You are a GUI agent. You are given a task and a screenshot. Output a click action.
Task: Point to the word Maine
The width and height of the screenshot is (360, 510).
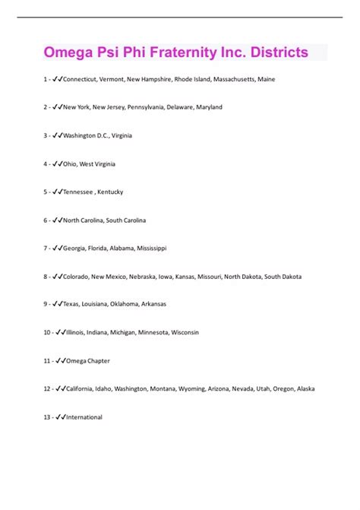point(266,79)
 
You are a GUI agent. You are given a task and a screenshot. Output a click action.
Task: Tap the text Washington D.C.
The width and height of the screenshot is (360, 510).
point(87,135)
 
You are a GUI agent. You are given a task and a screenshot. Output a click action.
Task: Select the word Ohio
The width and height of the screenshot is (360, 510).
point(71,163)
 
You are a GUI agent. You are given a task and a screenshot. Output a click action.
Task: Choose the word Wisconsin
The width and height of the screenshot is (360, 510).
point(185,332)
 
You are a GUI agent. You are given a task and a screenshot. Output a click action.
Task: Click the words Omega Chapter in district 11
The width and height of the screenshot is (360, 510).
point(89,360)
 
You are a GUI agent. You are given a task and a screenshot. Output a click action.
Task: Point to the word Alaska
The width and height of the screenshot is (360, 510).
point(305,388)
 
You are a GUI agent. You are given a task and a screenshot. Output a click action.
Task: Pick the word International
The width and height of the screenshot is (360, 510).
point(84,417)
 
